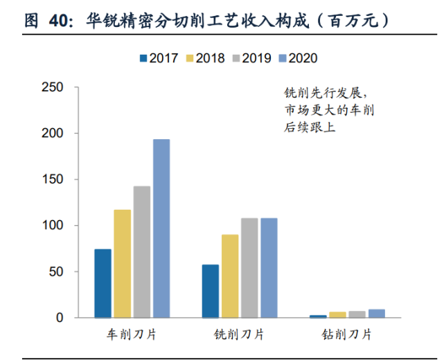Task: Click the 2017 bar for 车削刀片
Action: tap(103, 283)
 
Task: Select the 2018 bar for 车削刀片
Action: tap(123, 264)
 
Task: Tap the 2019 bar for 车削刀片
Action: tap(142, 252)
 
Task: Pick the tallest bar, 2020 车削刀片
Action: tap(161, 228)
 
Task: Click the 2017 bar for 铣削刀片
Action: tap(211, 291)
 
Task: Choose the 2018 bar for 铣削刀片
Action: tap(230, 276)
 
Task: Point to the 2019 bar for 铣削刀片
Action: tap(249, 268)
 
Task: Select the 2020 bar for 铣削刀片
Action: tap(269, 268)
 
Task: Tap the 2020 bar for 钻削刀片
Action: tap(376, 314)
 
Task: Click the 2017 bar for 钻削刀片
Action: tap(318, 316)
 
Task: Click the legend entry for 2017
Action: tap(164, 59)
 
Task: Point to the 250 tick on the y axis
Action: tap(53, 87)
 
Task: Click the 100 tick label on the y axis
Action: tap(53, 226)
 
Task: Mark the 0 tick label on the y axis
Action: tap(61, 318)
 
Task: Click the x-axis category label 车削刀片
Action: tap(132, 334)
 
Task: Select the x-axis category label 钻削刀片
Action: tap(347, 334)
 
